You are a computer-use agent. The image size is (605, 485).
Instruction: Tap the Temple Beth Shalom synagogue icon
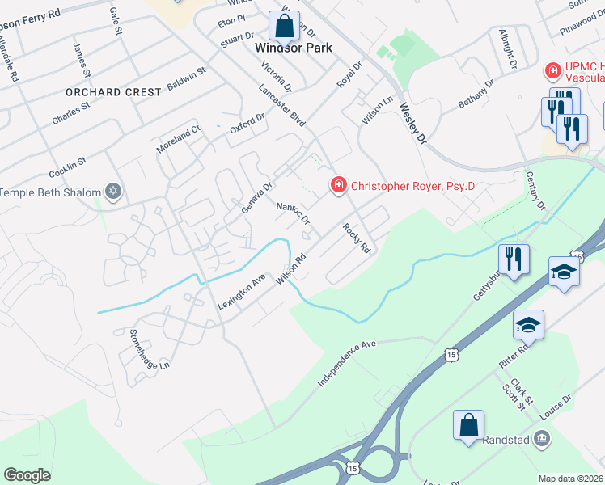tap(113, 192)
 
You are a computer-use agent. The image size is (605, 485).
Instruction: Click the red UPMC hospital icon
tap(553, 71)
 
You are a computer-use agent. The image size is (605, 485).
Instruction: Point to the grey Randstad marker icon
tap(542, 440)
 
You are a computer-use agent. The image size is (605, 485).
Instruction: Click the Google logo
tap(27, 474)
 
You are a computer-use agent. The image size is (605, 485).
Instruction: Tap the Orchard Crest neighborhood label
tap(115, 92)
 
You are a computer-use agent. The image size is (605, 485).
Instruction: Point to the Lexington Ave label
tap(241, 293)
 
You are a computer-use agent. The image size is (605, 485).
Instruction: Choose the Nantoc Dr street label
tap(294, 214)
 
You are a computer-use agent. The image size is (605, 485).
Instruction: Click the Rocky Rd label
tap(356, 238)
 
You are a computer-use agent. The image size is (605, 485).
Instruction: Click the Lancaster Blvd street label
tap(282, 106)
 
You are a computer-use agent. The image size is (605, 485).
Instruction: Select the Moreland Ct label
tap(179, 135)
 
